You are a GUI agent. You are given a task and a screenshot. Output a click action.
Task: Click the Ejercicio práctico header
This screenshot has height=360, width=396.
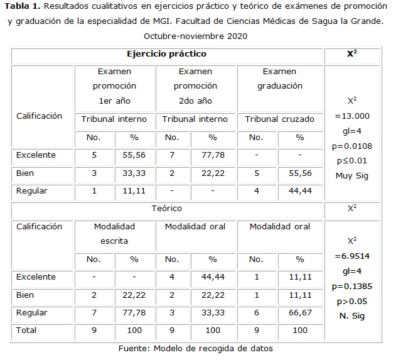point(166,54)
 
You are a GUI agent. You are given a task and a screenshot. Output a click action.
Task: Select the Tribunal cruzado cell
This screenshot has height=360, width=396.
point(279,119)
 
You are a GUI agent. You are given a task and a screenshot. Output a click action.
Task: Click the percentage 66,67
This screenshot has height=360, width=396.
point(300,312)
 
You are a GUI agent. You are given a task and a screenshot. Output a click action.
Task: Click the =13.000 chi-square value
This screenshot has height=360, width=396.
point(352,116)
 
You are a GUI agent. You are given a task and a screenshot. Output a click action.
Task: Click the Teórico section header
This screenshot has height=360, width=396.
point(166,208)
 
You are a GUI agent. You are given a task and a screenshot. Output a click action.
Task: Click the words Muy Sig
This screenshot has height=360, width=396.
point(352,176)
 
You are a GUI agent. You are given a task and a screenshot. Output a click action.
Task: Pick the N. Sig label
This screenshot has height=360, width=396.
point(352,315)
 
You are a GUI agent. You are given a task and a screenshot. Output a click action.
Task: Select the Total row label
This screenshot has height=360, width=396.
point(27,330)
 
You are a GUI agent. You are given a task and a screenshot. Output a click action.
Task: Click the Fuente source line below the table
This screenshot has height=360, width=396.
point(196,347)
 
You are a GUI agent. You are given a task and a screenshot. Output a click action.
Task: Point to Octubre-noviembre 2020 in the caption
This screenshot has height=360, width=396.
point(196,36)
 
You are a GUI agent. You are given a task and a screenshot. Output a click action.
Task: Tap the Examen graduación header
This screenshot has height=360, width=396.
point(279,79)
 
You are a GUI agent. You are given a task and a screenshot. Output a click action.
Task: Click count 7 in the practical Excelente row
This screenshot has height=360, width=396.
point(174,155)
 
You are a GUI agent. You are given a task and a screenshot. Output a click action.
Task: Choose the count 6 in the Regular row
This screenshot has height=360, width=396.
point(255,312)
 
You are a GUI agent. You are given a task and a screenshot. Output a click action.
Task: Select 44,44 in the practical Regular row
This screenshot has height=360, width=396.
point(300,190)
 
